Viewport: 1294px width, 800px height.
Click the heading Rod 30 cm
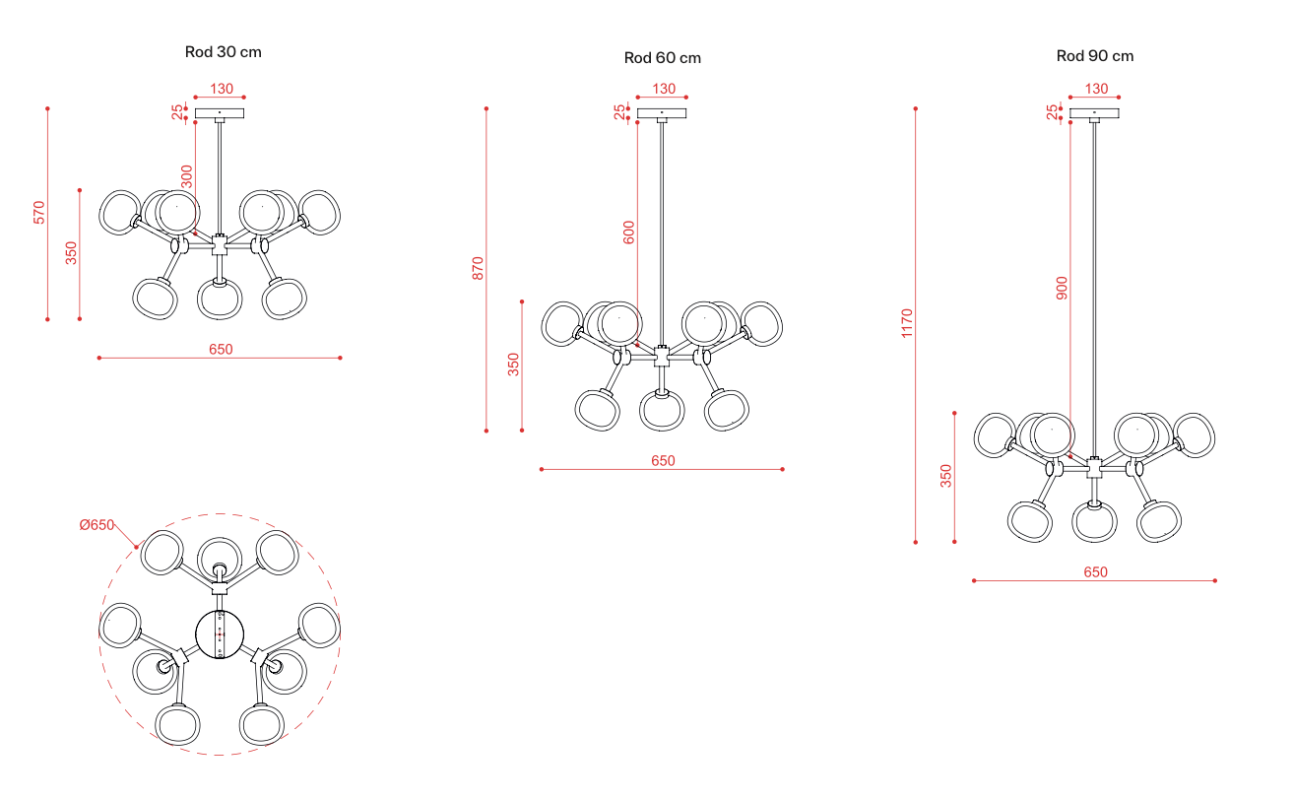tap(223, 52)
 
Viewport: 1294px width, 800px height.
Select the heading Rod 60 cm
tap(662, 58)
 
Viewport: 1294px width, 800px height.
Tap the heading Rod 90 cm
tap(1095, 56)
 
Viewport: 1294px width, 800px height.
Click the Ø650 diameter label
tap(97, 525)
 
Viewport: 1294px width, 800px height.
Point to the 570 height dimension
tap(38, 212)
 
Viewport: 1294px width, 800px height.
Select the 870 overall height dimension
tap(478, 269)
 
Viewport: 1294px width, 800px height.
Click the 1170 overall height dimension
tap(906, 323)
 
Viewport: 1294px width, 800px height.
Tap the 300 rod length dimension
tap(186, 177)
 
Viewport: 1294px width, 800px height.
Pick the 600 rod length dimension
tap(628, 233)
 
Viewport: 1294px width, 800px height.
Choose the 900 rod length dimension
tap(1062, 289)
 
